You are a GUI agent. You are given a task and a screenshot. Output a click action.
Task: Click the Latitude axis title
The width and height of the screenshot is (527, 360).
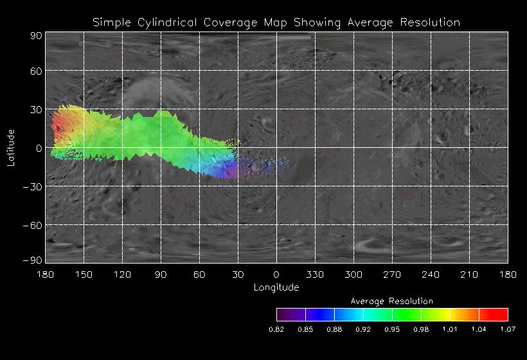(10, 147)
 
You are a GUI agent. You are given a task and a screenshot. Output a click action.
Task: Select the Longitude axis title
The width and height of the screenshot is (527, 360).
(276, 287)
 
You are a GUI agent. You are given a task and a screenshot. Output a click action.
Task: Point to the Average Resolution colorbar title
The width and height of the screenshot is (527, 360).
(392, 301)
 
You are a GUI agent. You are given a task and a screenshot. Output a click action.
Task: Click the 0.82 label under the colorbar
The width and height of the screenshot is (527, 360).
(276, 330)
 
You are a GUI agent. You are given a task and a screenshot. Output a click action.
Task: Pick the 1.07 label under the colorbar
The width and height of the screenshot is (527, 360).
(508, 330)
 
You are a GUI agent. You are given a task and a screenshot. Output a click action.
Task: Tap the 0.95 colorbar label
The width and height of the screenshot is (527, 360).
(392, 330)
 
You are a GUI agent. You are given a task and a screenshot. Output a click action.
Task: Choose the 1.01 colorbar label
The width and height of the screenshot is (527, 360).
(450, 330)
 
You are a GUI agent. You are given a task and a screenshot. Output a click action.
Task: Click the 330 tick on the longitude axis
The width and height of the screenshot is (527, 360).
(315, 274)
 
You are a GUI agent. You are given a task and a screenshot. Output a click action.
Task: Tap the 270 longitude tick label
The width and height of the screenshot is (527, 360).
(392, 274)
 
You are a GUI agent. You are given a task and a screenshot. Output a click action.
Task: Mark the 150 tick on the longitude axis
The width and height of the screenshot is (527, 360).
(84, 274)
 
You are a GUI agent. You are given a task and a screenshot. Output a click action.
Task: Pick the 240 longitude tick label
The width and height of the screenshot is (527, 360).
(431, 274)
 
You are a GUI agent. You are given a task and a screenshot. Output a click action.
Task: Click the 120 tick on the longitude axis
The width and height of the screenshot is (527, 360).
(122, 274)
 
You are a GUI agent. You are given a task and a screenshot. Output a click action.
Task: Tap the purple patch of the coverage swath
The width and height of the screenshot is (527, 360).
(227, 170)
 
